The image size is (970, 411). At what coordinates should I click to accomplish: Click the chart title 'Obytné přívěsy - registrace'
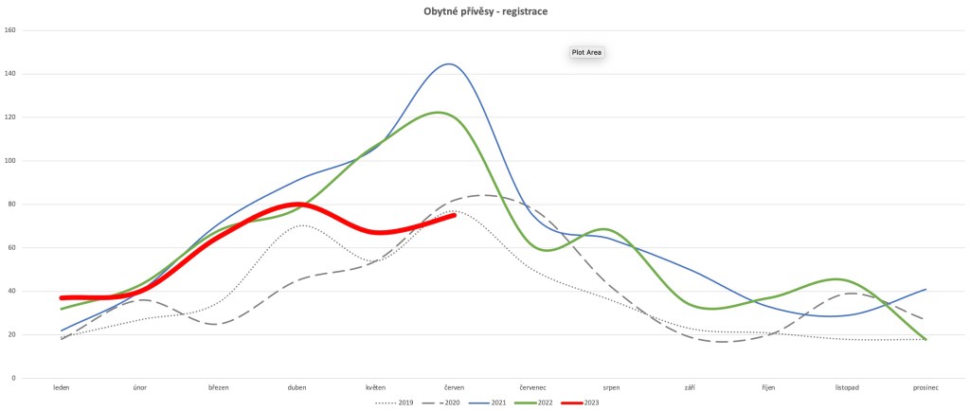pyautogui.click(x=485, y=11)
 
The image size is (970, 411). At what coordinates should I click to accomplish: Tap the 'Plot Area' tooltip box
pyautogui.click(x=586, y=52)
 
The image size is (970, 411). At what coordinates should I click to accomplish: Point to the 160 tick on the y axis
pyautogui.click(x=11, y=30)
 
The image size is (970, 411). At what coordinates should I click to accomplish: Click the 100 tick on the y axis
pyautogui.click(x=11, y=161)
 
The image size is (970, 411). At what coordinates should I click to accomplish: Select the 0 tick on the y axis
pyautogui.click(x=14, y=379)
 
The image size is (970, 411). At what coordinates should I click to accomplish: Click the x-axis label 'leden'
pyautogui.click(x=62, y=387)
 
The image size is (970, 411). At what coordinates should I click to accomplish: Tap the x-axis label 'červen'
pyautogui.click(x=454, y=387)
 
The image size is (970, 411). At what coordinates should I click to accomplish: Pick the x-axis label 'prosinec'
pyautogui.click(x=925, y=387)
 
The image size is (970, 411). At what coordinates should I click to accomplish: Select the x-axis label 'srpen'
pyautogui.click(x=611, y=387)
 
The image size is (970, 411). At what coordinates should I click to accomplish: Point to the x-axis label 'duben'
pyautogui.click(x=296, y=387)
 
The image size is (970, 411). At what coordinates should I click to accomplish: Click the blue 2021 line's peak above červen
pyautogui.click(x=449, y=64)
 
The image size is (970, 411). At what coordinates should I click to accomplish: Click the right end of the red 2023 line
pyautogui.click(x=455, y=215)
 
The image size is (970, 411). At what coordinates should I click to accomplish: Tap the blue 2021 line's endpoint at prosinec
pyautogui.click(x=925, y=290)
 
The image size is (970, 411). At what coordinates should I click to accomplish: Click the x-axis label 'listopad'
pyautogui.click(x=847, y=387)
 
